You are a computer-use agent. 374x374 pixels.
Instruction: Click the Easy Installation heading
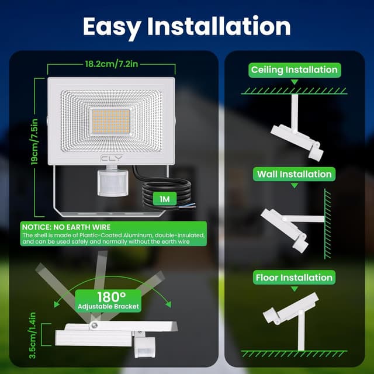[x=187, y=27]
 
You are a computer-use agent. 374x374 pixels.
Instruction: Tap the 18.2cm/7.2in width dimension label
[x=112, y=64]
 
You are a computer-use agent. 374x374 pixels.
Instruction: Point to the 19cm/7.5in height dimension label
[x=34, y=141]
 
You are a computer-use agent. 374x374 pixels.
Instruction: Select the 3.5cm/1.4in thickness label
[x=32, y=335]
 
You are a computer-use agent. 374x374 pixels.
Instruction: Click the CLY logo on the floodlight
[x=112, y=158]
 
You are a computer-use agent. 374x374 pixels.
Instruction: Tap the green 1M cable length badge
[x=165, y=199]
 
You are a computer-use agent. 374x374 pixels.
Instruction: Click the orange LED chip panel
[x=111, y=122]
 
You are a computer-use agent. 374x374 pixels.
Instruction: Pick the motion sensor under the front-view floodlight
[x=113, y=181]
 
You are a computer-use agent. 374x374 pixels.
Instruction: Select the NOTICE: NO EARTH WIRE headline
[x=66, y=227]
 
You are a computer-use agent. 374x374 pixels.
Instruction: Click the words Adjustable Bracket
[x=108, y=306]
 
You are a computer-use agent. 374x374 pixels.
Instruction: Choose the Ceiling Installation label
[x=295, y=70]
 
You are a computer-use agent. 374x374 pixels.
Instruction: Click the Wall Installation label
[x=295, y=174]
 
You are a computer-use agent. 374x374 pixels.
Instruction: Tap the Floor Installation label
[x=294, y=278]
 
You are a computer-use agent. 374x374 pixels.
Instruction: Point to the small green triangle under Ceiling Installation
[x=295, y=82]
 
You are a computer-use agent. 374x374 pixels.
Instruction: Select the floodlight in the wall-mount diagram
[x=285, y=230]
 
